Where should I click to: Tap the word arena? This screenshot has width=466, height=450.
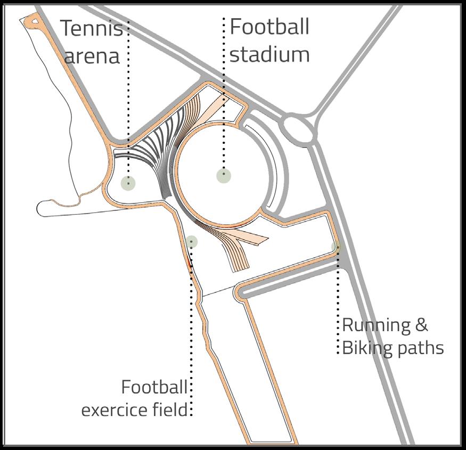point(93,55)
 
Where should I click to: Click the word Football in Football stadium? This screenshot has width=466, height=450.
point(269,27)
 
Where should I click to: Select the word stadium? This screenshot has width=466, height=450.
point(269,54)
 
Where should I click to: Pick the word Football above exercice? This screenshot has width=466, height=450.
point(154,387)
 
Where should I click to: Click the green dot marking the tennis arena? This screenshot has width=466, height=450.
point(128,183)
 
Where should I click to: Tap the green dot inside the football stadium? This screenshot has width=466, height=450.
point(224,175)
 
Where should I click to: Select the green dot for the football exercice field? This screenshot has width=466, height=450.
point(192,242)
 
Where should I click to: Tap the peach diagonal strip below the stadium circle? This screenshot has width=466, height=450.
point(250,238)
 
